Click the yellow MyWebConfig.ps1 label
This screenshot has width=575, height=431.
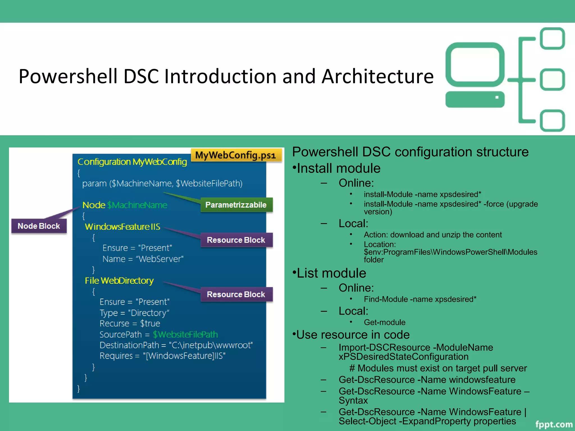click(x=236, y=155)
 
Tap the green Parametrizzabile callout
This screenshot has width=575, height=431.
click(x=236, y=205)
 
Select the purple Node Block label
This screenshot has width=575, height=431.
click(x=39, y=226)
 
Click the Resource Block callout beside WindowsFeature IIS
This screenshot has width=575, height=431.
click(x=236, y=240)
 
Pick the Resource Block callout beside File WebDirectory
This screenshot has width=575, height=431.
click(x=236, y=294)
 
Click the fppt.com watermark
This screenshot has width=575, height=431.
click(x=553, y=424)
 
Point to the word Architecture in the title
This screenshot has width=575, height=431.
click(x=377, y=76)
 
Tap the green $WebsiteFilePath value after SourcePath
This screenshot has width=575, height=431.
click(x=185, y=334)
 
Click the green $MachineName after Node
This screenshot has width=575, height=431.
click(x=137, y=205)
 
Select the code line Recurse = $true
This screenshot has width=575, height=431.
click(x=130, y=324)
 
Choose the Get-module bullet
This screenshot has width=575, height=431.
click(x=384, y=322)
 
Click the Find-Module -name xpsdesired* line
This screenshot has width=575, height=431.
click(x=420, y=299)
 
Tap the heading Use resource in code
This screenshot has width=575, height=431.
click(x=353, y=334)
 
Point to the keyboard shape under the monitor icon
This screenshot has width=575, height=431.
click(x=475, y=99)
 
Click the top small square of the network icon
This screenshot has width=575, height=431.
click(x=552, y=38)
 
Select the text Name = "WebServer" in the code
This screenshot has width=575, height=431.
click(x=143, y=259)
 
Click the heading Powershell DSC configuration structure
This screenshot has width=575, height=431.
click(x=410, y=152)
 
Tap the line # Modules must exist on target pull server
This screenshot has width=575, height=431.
click(x=438, y=368)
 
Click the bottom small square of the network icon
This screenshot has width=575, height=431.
click(x=552, y=121)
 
